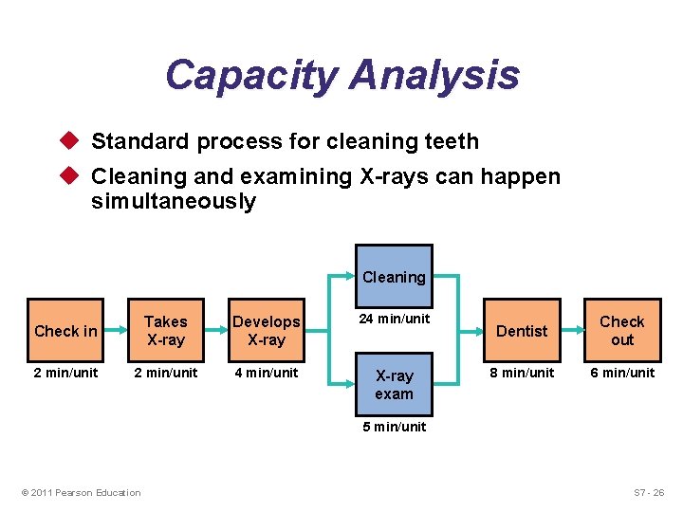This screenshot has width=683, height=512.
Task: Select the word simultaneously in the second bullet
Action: (x=174, y=202)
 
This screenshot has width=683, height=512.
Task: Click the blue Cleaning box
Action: (x=394, y=277)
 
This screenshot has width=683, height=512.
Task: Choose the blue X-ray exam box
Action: (x=394, y=385)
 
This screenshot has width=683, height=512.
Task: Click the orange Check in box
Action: (x=65, y=331)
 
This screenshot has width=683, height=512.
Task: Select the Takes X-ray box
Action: (x=166, y=331)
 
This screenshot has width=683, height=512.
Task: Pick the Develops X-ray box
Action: (x=267, y=331)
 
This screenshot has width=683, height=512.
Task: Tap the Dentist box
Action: (x=522, y=331)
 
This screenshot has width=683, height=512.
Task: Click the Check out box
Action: (x=621, y=331)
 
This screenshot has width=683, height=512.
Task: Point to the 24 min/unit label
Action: (x=394, y=319)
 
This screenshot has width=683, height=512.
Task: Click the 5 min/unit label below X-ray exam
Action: (x=394, y=427)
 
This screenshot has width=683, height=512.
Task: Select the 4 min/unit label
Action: (x=267, y=373)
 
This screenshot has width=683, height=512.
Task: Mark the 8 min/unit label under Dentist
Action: (x=522, y=373)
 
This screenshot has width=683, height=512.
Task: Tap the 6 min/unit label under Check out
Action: (x=622, y=373)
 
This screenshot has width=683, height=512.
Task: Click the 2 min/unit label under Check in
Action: (x=65, y=373)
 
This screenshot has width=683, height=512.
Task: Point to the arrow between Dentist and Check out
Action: (x=572, y=331)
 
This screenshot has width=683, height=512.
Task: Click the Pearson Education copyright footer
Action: (x=81, y=492)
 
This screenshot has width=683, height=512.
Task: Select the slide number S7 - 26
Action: (x=649, y=492)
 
